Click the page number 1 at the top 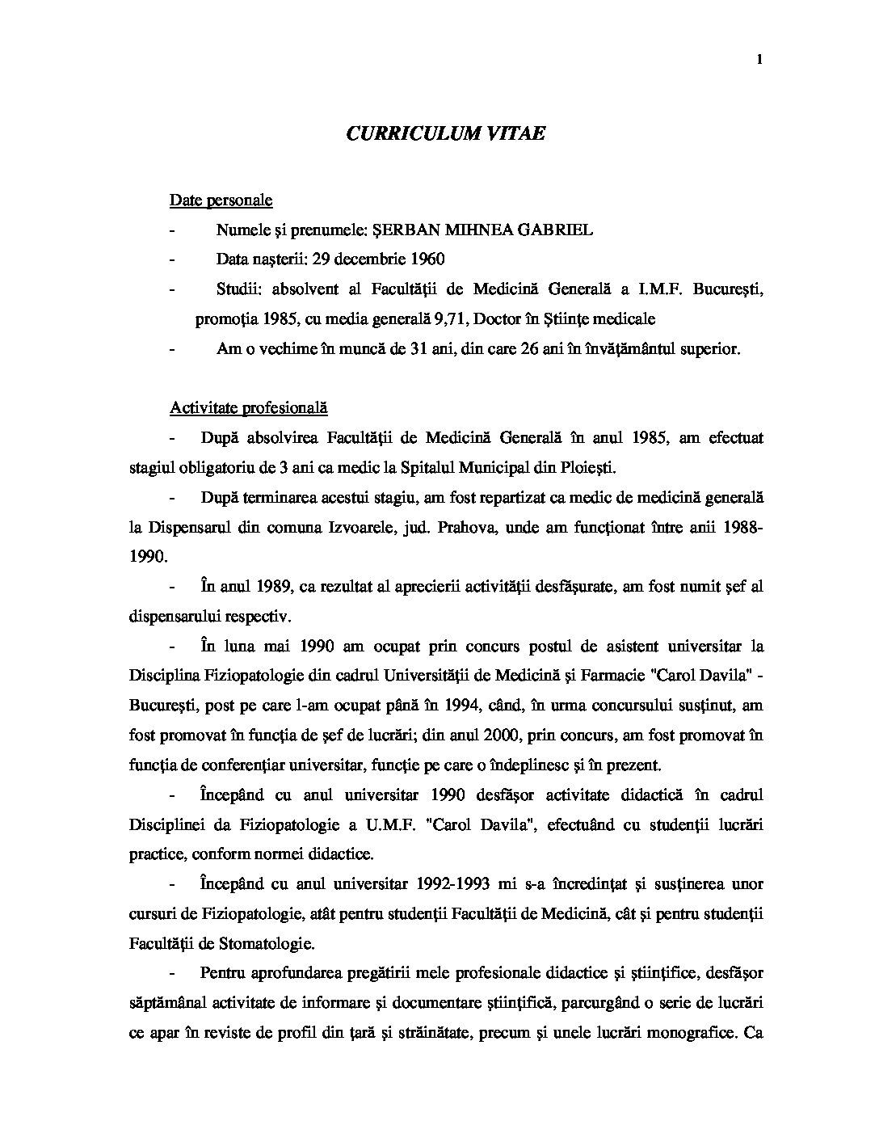tap(761, 60)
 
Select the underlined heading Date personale tap(221, 200)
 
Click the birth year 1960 tap(427, 259)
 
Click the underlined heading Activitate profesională tap(248, 408)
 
